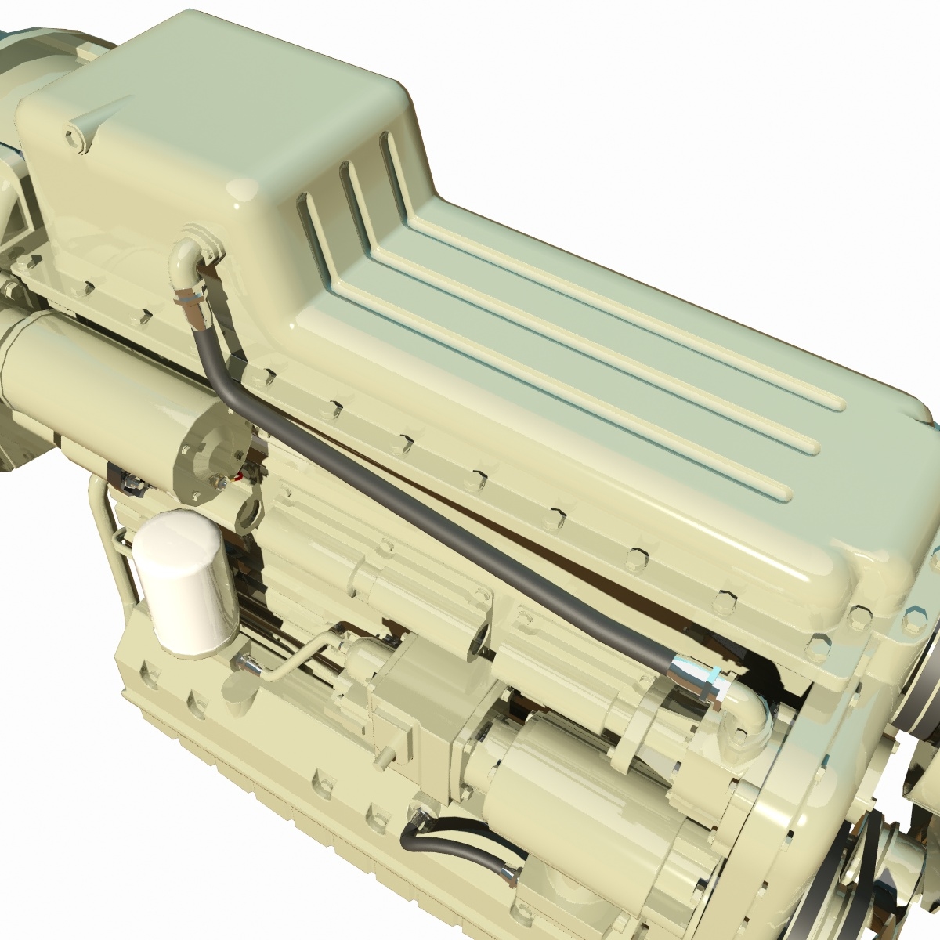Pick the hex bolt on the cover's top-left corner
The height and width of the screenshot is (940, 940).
pyautogui.click(x=75, y=136)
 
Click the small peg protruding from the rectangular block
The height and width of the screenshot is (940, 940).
pyautogui.click(x=385, y=756)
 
